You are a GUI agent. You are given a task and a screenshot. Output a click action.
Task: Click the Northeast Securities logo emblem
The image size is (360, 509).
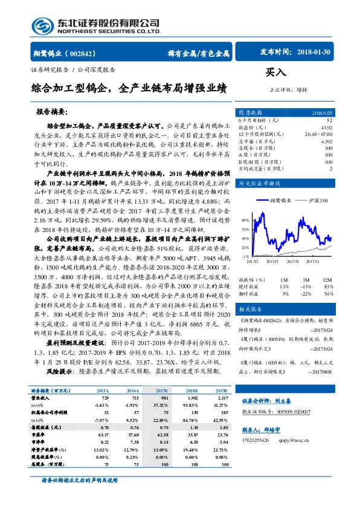[x=41, y=25]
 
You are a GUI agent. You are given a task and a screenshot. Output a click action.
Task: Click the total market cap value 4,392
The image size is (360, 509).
[x=326, y=141]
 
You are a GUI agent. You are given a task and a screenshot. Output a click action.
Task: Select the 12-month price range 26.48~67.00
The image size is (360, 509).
[x=318, y=134]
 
